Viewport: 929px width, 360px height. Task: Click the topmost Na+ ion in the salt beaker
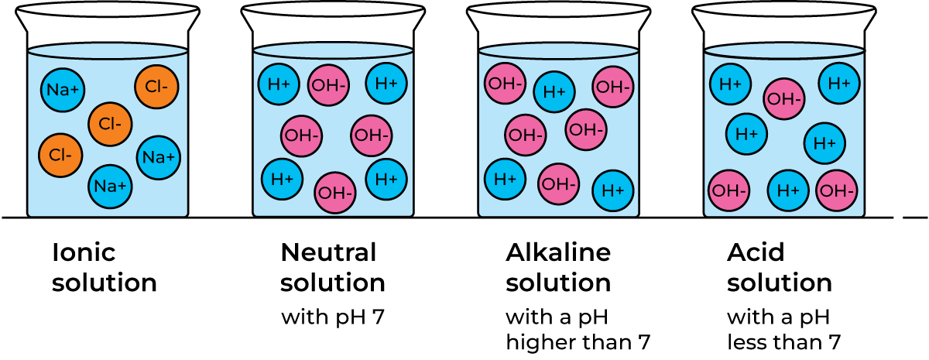tap(63, 89)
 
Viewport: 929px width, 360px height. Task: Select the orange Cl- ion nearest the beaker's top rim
tap(156, 87)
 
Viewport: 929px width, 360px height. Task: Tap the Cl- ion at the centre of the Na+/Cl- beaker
tap(110, 124)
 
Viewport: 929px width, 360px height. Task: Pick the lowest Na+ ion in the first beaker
tap(110, 187)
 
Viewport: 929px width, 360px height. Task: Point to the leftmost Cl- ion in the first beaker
tap(60, 155)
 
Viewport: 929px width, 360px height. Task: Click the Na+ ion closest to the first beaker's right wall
tap(159, 157)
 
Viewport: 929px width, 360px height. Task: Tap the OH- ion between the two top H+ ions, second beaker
tap(329, 86)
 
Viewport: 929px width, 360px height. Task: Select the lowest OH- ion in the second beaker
tap(335, 193)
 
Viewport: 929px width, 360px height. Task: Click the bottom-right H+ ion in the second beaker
tap(386, 179)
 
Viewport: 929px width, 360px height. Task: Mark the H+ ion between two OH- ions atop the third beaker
tap(554, 92)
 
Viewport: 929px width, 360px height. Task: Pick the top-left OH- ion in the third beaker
tap(506, 83)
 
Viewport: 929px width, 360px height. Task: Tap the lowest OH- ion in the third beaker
tap(559, 184)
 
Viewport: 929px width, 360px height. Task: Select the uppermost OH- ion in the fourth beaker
tap(784, 99)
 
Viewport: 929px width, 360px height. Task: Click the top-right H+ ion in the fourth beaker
tap(839, 83)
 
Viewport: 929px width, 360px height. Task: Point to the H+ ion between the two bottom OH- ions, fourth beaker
tap(788, 190)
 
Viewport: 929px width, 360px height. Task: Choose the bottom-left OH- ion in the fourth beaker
tap(729, 190)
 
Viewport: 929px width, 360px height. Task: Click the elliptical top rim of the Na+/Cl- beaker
tap(108, 52)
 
